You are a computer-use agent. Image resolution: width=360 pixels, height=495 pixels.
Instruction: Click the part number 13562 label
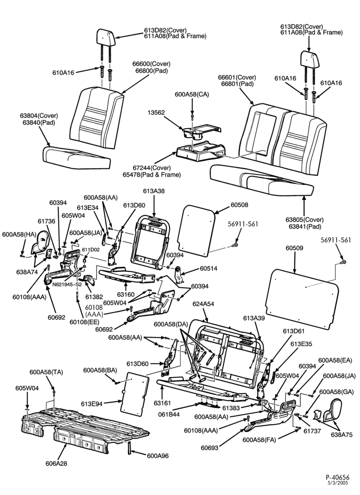pos(157,113)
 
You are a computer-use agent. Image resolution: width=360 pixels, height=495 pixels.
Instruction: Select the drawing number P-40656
pos(338,477)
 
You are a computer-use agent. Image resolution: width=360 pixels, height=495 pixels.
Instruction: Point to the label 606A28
pos(56,464)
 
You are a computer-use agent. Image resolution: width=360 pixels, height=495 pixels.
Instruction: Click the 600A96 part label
pos(158,456)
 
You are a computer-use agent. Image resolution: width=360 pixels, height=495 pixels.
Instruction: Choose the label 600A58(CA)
pos(192,95)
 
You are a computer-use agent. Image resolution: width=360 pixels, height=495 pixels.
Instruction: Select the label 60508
pos(239,205)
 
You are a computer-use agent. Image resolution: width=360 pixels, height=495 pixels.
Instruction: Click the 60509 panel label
pos(294,248)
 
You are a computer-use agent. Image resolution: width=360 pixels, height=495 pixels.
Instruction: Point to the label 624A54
pos(203,304)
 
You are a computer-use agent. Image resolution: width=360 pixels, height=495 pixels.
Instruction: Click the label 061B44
pos(169,414)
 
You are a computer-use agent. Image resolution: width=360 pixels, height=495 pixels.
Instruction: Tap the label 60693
pos(210,447)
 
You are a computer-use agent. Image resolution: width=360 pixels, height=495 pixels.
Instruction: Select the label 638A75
pos(341,435)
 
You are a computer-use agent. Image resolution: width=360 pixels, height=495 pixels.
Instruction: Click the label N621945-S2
pos(67,284)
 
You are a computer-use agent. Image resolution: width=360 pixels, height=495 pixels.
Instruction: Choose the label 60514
pos(208,269)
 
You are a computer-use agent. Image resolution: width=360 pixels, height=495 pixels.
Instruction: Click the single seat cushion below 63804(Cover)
pos(76,156)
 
